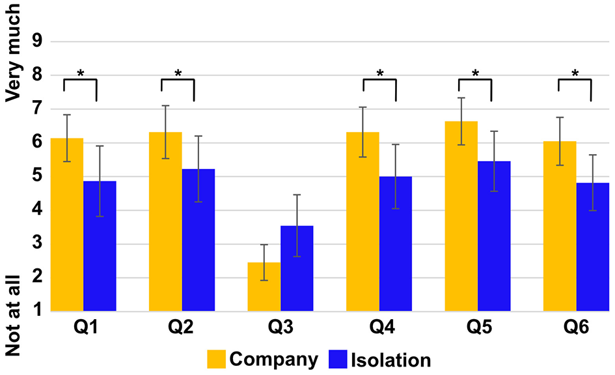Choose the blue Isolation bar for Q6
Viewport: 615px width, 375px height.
pos(593,247)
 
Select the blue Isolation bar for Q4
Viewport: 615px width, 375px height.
pos(396,244)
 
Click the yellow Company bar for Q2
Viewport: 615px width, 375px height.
pos(165,221)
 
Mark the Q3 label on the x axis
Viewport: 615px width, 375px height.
pos(280,328)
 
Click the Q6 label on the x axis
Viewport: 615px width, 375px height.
pos(576,328)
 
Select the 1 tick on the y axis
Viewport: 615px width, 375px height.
pos(36,311)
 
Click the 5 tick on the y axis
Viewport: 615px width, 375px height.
pos(36,176)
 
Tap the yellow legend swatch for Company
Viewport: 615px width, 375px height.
pos(217,359)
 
